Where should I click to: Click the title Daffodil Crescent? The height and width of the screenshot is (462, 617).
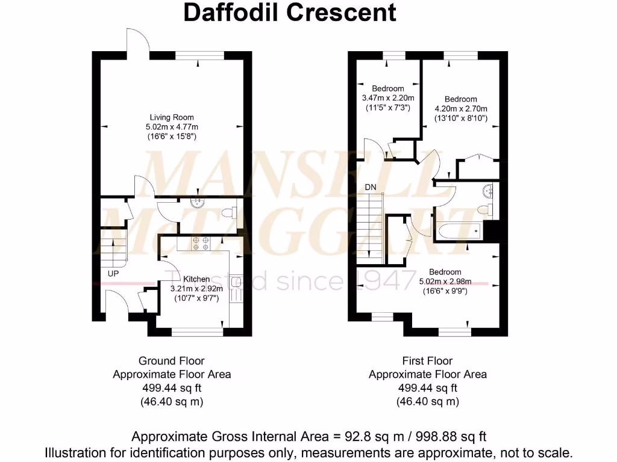(290, 12)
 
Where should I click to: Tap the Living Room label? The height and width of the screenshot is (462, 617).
(172, 117)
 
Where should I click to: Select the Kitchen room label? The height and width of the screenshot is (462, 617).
(197, 279)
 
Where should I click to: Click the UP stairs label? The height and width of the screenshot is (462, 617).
(113, 273)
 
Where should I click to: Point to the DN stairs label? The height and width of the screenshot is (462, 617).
(371, 187)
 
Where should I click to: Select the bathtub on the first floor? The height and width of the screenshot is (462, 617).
(459, 230)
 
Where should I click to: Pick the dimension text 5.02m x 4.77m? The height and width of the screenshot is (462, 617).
(172, 127)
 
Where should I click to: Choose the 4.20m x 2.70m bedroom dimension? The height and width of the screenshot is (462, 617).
(461, 109)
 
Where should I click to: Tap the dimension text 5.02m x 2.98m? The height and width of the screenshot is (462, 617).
(445, 282)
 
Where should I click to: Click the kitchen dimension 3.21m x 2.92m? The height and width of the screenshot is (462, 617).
(196, 288)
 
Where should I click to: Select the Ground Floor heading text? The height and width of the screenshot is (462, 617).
(172, 361)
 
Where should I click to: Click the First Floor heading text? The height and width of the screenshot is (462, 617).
(427, 361)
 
